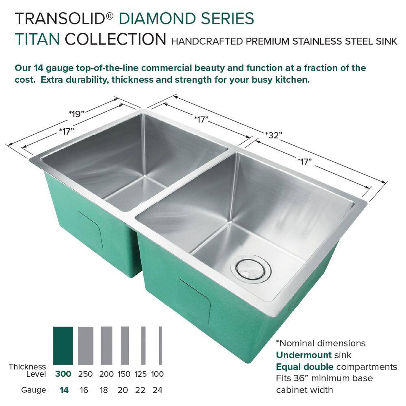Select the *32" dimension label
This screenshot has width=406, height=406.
click(x=273, y=135)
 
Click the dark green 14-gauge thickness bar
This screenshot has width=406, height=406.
click(x=63, y=346)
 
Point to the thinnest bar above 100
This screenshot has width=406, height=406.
click(x=160, y=346)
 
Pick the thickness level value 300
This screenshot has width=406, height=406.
click(x=63, y=374)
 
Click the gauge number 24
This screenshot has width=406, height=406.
click(x=158, y=390)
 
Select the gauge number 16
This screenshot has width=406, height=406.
click(x=84, y=390)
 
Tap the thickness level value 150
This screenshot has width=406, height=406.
click(x=124, y=374)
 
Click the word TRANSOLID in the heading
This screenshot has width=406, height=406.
click(x=60, y=19)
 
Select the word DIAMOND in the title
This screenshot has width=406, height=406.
click(x=158, y=19)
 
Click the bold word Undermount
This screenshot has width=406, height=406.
click(x=304, y=355)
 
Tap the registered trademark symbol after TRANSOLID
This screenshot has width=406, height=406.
click(x=110, y=16)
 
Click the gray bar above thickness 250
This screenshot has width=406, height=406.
click(x=86, y=346)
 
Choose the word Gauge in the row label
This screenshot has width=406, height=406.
click(x=33, y=390)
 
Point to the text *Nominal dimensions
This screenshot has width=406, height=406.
click(x=321, y=343)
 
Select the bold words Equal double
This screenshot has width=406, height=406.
click(x=305, y=367)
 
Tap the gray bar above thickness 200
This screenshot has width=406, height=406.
click(x=106, y=346)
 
